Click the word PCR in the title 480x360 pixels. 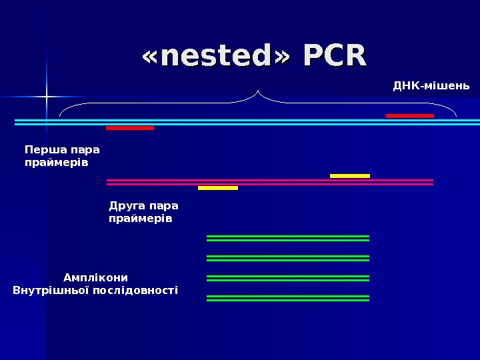coord(335,56)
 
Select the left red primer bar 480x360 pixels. coord(130,127)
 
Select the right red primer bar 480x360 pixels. coord(410,115)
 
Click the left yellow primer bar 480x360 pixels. coord(218,188)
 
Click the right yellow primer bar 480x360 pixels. coord(350,176)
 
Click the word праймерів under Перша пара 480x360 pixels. coord(57,162)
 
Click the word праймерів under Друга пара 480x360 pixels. coord(141,218)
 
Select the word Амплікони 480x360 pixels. coord(95,277)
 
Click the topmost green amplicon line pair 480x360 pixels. coord(288,238)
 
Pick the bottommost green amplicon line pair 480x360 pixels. coord(288,298)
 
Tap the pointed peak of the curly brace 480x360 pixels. coord(258,90)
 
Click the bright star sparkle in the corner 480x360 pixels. coord(47,97)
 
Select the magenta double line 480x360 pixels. coord(270,182)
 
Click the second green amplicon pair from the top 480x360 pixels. coord(288,258)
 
